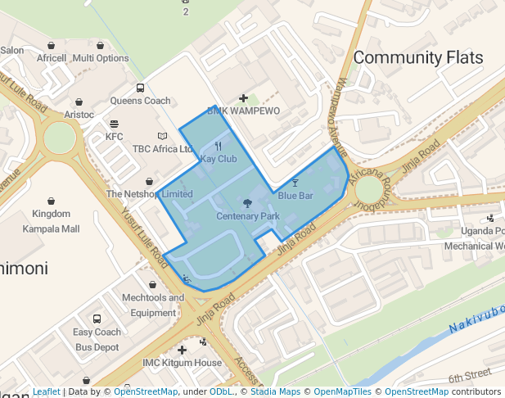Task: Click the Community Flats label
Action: pyautogui.click(x=418, y=57)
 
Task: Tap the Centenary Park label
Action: pyautogui.click(x=248, y=216)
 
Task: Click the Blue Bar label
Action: pyautogui.click(x=295, y=196)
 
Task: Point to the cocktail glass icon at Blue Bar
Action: pyautogui.click(x=295, y=182)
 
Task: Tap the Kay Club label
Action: pyautogui.click(x=219, y=158)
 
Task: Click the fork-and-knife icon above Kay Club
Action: pyautogui.click(x=219, y=145)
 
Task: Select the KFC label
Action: pyautogui.click(x=114, y=137)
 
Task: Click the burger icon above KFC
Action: pyautogui.click(x=114, y=124)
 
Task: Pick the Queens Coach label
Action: pyautogui.click(x=140, y=102)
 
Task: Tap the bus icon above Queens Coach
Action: pyautogui.click(x=140, y=88)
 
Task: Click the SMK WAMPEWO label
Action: pyautogui.click(x=243, y=111)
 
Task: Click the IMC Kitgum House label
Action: pyautogui.click(x=182, y=363)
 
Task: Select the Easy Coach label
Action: pyautogui.click(x=97, y=332)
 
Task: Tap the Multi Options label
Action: pyautogui.click(x=101, y=58)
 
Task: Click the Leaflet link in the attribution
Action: pyautogui.click(x=46, y=392)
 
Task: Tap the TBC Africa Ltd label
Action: pyautogui.click(x=163, y=150)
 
